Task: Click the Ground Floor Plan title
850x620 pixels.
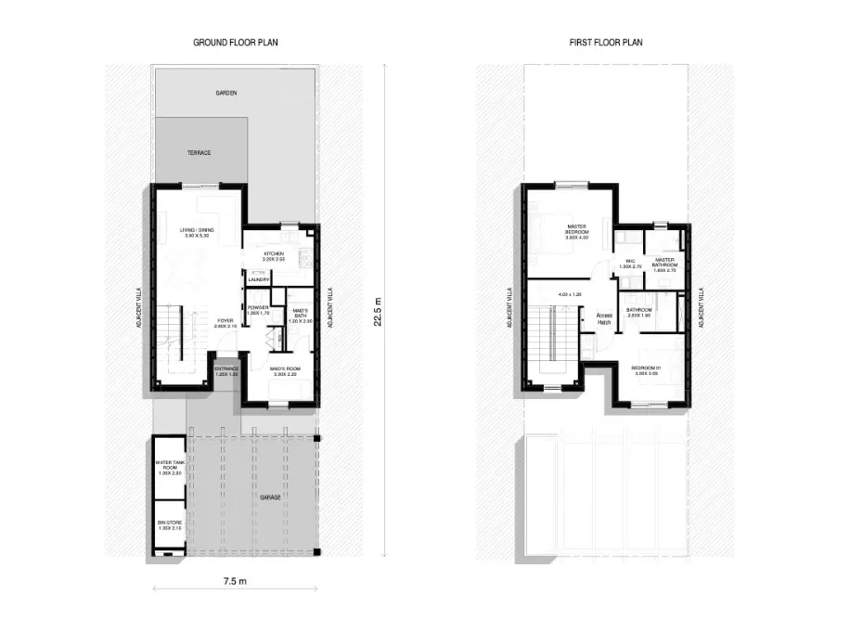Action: [236, 43]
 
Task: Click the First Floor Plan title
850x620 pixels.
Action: [606, 43]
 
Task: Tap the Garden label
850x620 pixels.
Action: [226, 94]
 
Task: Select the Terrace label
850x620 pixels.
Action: [200, 152]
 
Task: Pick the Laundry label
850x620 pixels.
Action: [259, 280]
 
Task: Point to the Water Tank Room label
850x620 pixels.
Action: [168, 467]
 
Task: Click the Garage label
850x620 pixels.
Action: [270, 497]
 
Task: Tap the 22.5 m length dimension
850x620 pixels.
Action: [376, 310]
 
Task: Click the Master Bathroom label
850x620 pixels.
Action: [664, 263]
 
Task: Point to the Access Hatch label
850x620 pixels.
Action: [604, 318]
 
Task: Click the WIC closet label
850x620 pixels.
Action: [629, 264]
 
